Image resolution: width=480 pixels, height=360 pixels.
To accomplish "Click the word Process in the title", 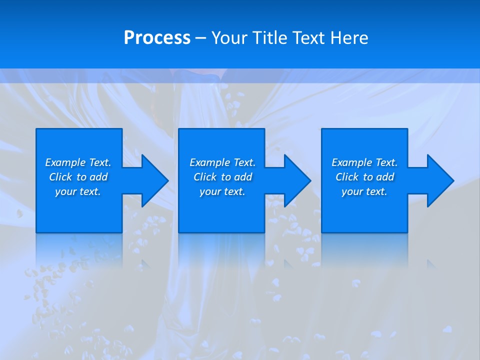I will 157,38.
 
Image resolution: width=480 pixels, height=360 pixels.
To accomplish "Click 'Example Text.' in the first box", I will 78,162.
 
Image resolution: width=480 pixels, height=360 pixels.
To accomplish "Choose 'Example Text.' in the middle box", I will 222,162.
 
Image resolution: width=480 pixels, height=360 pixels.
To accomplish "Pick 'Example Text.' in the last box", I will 364,162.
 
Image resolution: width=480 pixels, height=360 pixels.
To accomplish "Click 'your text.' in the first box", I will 78,191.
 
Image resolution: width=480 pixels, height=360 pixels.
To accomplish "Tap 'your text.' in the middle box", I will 222,191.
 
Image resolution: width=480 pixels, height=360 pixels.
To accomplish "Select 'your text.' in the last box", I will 364,191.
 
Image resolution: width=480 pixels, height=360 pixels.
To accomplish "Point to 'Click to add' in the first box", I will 78,177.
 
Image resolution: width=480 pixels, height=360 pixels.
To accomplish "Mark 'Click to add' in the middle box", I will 222,177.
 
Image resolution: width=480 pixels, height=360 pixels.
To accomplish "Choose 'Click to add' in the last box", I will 364,177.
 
